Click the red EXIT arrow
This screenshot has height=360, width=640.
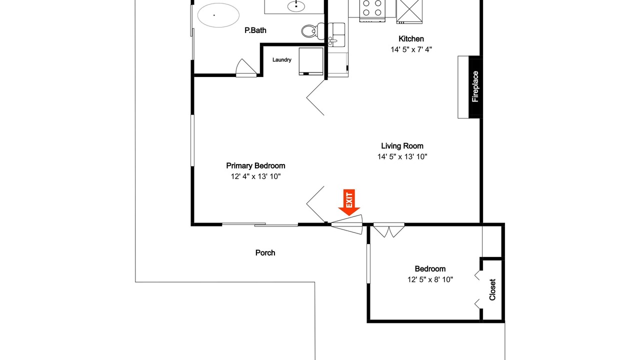click(349, 202)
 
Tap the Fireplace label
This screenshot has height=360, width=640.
click(475, 86)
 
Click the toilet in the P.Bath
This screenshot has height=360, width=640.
click(313, 30)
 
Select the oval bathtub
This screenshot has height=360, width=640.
click(218, 15)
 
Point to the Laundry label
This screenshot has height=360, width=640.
click(281, 59)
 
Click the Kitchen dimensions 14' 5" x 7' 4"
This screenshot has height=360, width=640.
click(411, 49)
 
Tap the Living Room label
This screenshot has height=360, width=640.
click(402, 146)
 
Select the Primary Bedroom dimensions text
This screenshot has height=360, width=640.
click(255, 176)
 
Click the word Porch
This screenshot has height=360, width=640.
click(265, 253)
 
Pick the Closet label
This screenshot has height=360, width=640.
click(492, 289)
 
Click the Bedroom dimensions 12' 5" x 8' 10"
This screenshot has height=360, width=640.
click(430, 279)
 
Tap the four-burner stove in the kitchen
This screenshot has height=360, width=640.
click(372, 10)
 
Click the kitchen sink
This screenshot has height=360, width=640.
click(336, 34)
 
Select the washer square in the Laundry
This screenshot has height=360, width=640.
click(311, 61)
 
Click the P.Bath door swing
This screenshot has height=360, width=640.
click(246, 68)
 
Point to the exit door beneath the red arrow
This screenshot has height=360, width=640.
click(347, 224)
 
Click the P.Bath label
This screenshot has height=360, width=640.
click(255, 30)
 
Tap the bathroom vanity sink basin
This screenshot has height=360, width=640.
click(296, 6)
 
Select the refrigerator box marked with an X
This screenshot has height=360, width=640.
click(409, 11)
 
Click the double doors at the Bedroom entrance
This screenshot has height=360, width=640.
click(389, 230)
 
